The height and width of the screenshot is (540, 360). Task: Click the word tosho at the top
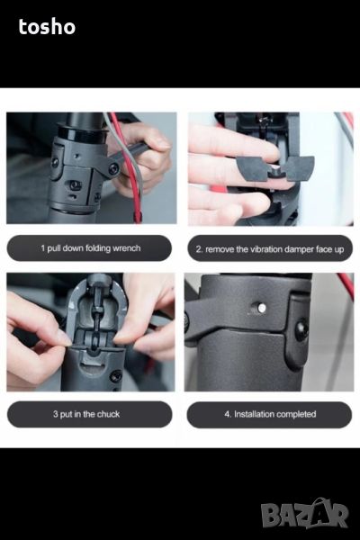click(x=47, y=27)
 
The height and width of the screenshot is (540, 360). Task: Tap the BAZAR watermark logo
click(x=304, y=513)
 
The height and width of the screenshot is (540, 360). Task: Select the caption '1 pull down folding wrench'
click(x=90, y=248)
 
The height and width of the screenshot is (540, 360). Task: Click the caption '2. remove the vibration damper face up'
click(x=270, y=248)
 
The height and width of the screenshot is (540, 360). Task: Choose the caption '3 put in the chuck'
click(x=86, y=414)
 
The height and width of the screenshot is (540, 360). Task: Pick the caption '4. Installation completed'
click(x=270, y=414)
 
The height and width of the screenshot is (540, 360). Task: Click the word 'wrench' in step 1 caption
click(x=127, y=248)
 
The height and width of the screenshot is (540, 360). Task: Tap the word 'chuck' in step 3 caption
click(x=108, y=414)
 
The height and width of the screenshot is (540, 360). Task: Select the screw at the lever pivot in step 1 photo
click(x=113, y=169)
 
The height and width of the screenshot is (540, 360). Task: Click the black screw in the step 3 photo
click(x=116, y=375)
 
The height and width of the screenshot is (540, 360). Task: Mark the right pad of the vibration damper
click(x=299, y=168)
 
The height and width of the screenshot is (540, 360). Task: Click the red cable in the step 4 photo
click(x=346, y=284)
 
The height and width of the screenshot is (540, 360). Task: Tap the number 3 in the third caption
click(x=56, y=414)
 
